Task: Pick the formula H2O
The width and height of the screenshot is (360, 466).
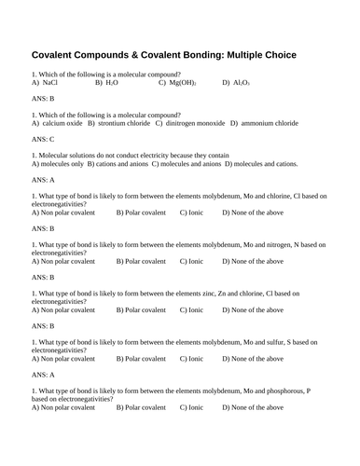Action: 112,83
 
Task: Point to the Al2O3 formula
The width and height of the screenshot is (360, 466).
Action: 242,83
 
